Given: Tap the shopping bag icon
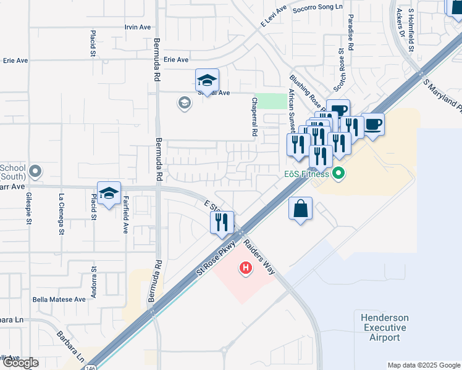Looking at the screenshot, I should click(300, 208).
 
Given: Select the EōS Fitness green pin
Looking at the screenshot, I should click(337, 175).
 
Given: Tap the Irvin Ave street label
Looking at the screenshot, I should click(138, 27).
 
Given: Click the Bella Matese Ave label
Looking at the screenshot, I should click(59, 300).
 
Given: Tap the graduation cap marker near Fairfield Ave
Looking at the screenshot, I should click(109, 194).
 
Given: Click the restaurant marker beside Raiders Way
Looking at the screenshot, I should click(222, 222).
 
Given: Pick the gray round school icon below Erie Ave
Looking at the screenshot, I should click(184, 102).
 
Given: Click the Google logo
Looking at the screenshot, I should click(20, 363).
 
